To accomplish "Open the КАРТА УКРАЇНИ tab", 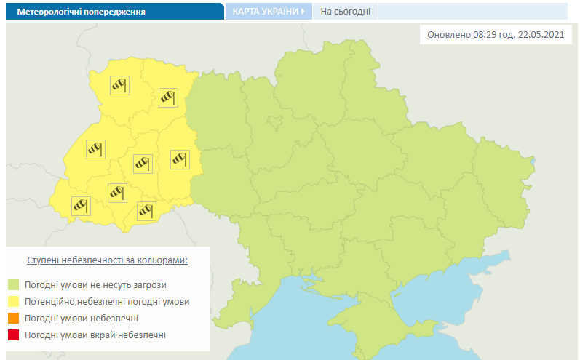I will (x=265, y=12).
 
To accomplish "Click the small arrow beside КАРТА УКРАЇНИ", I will (x=303, y=12).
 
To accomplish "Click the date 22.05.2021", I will (x=538, y=36).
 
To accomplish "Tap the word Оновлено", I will (x=448, y=36).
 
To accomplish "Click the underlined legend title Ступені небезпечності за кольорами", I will (x=107, y=260).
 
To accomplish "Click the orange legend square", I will (x=13, y=319).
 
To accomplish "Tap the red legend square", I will (x=13, y=335).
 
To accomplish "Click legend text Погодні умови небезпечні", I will (x=81, y=319).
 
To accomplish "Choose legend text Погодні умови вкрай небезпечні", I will (x=95, y=335).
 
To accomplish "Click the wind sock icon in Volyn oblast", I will (x=119, y=85).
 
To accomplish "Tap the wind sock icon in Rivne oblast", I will (x=168, y=96).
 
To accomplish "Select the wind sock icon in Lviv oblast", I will (x=95, y=149).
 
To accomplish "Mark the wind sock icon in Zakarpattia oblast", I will (x=81, y=206).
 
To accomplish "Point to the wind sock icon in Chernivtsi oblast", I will (x=147, y=210).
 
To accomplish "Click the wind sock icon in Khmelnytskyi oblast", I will (x=179, y=159).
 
